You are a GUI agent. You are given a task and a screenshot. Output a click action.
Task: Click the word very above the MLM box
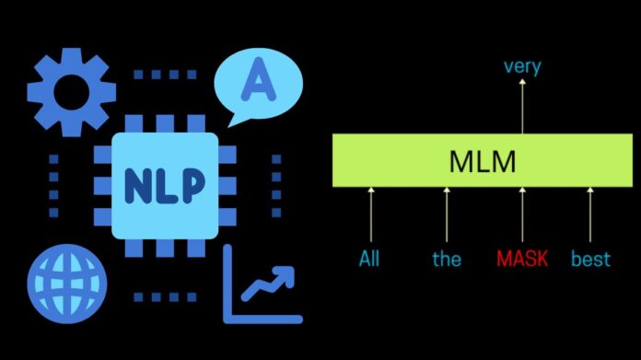[521, 67]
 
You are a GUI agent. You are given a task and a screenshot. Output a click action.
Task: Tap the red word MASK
[522, 259]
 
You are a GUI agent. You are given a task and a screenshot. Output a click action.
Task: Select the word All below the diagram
[369, 259]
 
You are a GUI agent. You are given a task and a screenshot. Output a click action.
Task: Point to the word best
[590, 259]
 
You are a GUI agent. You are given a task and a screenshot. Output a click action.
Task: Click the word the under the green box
[447, 259]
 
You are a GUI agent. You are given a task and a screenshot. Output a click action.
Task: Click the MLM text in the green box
[482, 162]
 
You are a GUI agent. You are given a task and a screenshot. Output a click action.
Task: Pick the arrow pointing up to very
[522, 106]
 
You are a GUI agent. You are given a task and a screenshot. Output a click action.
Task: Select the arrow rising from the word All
[371, 215]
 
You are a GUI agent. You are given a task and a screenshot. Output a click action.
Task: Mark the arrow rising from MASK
[522, 215]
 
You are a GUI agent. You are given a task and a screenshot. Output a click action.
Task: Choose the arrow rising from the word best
[590, 215]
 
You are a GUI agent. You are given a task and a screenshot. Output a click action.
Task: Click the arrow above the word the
[447, 215]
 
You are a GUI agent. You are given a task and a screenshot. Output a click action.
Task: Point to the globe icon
[63, 278]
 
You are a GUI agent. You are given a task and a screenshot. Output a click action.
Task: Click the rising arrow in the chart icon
[268, 283]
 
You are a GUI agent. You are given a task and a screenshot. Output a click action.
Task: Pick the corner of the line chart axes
[227, 318]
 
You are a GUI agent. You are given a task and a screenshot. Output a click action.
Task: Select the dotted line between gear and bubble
[166, 73]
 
